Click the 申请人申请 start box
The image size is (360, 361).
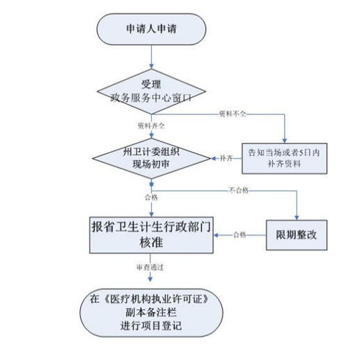pos(151,29)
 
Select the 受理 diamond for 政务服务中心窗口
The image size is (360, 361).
pos(151,91)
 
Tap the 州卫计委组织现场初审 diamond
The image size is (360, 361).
pos(151,158)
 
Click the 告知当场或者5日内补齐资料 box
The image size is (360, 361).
pos(284,158)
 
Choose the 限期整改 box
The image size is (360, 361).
pos(297,235)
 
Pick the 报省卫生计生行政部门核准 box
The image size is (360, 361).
pos(151,235)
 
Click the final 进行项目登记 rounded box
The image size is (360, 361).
pos(151,313)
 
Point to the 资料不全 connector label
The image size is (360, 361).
pos(233,114)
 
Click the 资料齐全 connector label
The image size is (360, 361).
pos(151,126)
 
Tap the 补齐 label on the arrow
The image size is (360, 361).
pos(226,158)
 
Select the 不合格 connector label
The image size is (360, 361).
pos(239,190)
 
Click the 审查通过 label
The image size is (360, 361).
pos(150,268)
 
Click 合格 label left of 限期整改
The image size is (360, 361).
pos(240,235)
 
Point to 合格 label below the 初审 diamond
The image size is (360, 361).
pos(151,197)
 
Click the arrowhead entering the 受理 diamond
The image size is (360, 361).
pos(151,66)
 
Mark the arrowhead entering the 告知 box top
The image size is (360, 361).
pos(284,140)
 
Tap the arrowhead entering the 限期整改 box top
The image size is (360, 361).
pos(297,217)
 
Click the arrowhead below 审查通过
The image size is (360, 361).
pos(150,279)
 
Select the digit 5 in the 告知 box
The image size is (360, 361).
pos(301,153)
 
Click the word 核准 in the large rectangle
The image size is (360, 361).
pos(151,243)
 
